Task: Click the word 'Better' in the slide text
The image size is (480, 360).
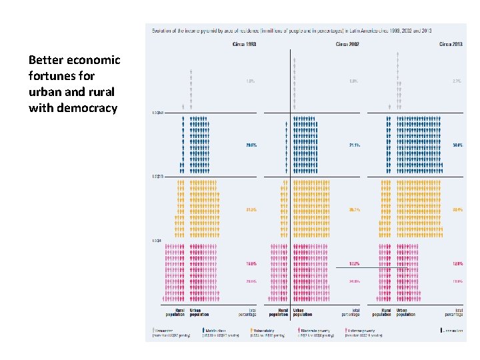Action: [46, 60]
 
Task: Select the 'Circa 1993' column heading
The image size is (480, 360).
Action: [245, 44]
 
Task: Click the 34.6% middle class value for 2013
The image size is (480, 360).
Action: [458, 145]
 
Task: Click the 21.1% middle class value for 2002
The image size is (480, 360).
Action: [354, 145]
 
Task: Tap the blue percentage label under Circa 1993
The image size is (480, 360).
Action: [251, 145]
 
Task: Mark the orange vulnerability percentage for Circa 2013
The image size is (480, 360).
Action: [458, 209]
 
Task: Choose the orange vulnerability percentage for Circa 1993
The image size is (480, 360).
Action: [251, 209]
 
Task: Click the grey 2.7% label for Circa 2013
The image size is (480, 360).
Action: [458, 81]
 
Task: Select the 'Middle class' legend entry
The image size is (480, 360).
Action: [218, 329]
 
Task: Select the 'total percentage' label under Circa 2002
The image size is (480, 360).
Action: [350, 312]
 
